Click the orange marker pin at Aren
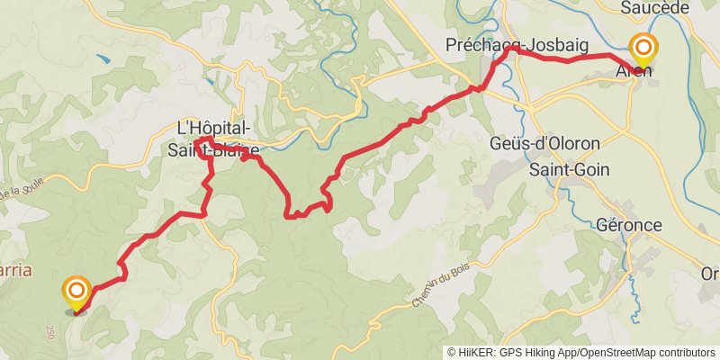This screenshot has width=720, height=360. click(x=643, y=48)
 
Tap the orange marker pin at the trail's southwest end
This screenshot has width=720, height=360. click(x=76, y=292)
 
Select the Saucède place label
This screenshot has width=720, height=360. click(x=654, y=8)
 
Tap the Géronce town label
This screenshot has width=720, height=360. click(x=629, y=225)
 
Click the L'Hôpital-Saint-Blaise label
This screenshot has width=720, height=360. click(x=214, y=139)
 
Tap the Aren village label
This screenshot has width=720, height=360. click(x=635, y=71)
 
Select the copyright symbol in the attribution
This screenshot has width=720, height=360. click(x=452, y=353)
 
